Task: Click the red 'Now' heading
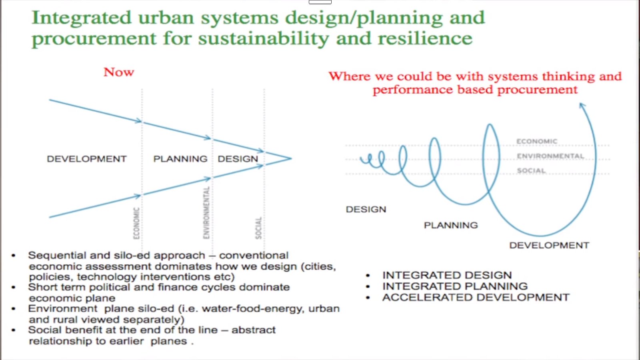(x=118, y=72)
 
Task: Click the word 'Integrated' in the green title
(x=82, y=18)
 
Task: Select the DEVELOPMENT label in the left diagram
(x=86, y=159)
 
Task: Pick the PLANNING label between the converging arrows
(x=180, y=159)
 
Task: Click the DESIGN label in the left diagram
(x=238, y=159)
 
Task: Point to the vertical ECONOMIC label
(x=136, y=223)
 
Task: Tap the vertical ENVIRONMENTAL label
(x=206, y=212)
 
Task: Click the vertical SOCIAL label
(x=258, y=228)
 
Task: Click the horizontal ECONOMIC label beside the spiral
(x=536, y=142)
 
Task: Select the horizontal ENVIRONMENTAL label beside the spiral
(x=550, y=156)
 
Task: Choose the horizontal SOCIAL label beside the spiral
(x=531, y=170)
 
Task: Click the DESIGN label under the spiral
(x=366, y=210)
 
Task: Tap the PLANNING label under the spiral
(x=451, y=226)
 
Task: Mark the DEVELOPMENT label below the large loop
(x=549, y=246)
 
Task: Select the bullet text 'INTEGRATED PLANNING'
(x=455, y=286)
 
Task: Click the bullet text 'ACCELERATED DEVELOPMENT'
(x=476, y=298)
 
